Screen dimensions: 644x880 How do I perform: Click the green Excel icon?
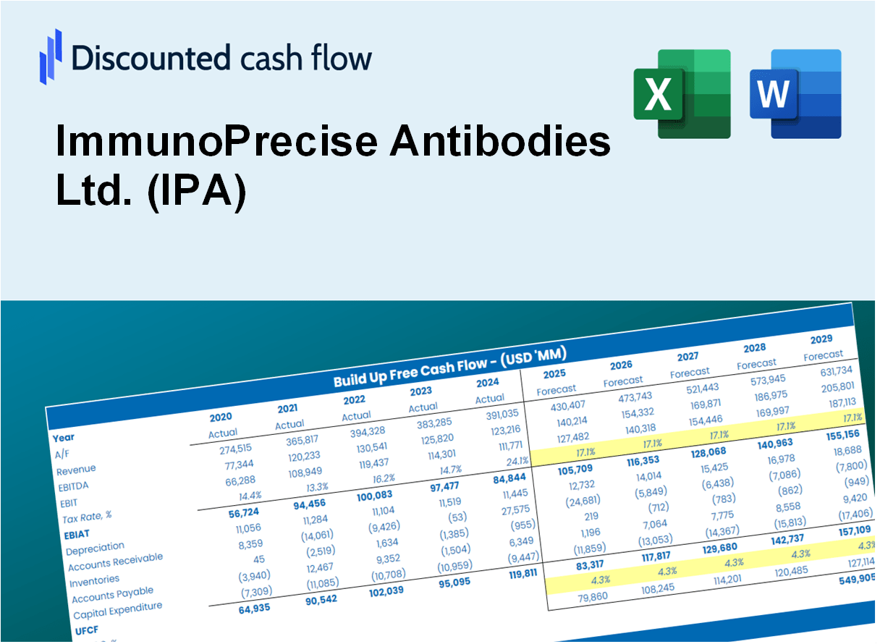tap(682, 93)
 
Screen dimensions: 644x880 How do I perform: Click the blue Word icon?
tap(795, 93)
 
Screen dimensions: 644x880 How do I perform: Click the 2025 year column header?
tap(554, 374)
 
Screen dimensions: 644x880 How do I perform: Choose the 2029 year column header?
tap(821, 339)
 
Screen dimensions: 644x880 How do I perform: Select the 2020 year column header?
tap(221, 418)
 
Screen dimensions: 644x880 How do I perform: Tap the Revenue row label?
tap(77, 470)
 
